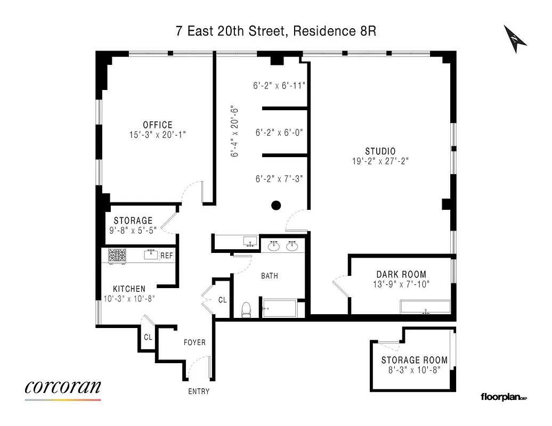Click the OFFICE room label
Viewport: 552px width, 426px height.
click(158, 125)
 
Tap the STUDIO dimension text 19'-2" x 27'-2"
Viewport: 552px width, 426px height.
click(380, 161)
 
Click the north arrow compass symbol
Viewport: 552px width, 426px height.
click(515, 39)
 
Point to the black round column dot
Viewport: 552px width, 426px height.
click(276, 205)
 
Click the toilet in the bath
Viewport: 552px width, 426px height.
click(246, 309)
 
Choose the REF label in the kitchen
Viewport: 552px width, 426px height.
click(167, 256)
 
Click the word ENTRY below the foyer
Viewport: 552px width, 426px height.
click(199, 391)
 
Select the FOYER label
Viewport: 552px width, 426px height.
click(194, 342)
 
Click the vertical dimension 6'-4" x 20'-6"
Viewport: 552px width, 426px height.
click(234, 131)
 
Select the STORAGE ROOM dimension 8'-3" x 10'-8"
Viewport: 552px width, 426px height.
click(414, 370)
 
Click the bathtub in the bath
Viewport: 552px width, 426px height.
click(279, 309)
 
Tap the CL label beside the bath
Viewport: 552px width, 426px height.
click(222, 300)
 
